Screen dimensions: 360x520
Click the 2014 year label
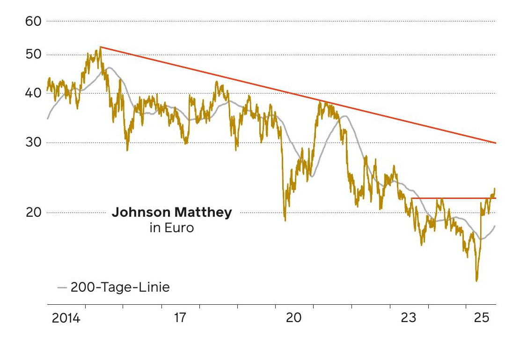[66, 319]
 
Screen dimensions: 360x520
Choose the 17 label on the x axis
[180, 319]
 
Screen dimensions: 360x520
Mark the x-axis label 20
[294, 319]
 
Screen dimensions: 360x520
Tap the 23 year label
[409, 319]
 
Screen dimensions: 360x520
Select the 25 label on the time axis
[482, 319]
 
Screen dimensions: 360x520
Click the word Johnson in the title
[141, 213]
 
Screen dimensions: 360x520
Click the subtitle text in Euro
[171, 229]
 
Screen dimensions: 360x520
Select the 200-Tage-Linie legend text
[120, 287]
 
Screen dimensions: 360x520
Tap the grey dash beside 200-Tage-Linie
[62, 287]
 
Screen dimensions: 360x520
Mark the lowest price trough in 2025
[476, 280]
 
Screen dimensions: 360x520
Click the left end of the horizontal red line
[411, 198]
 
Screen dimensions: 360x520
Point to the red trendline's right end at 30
[495, 143]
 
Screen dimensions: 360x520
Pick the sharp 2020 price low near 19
[285, 220]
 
